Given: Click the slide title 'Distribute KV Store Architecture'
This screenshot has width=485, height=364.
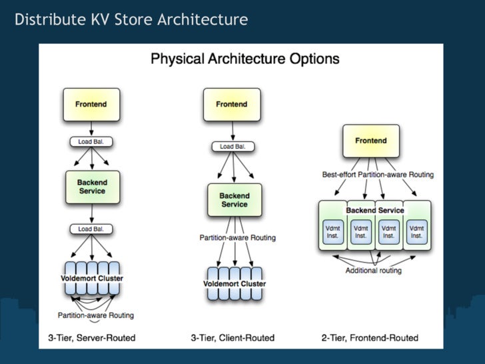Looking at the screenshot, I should pos(131,19).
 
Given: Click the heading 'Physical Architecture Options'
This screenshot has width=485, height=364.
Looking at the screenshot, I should pos(244,59).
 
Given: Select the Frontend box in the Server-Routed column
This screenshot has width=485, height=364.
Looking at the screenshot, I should pos(91,105).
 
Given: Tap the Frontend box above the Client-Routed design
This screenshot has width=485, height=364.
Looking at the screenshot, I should pos(232,105).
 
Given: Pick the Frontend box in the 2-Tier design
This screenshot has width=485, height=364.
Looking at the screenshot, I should pos(371,141).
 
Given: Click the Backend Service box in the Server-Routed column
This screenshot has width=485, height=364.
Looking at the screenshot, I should pos(91,187).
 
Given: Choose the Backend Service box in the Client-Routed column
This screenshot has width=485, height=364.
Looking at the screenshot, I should pos(235,200).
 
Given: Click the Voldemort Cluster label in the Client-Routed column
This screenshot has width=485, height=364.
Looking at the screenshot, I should pos(235,284).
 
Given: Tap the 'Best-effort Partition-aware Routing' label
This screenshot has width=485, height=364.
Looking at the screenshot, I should pos(378,175).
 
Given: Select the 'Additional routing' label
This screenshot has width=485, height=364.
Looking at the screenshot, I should pos(374,271).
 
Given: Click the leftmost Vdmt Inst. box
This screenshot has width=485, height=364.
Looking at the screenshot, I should pos(332,231).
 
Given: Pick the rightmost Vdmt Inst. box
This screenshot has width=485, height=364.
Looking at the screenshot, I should pos(416,231).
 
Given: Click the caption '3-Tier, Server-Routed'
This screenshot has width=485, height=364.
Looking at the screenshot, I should pos(91,338).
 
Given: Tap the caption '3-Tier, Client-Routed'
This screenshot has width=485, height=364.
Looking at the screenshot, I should pos(232,338).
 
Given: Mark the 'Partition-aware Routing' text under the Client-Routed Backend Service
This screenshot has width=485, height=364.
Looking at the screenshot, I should pos(238,237).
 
